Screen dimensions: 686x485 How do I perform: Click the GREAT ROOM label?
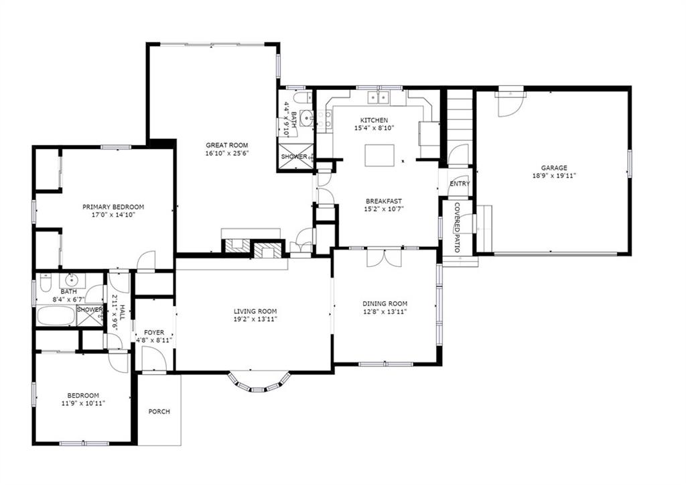click(226, 145)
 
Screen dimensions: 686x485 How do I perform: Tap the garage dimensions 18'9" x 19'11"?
click(554, 176)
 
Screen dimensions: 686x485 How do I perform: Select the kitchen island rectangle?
click(379, 156)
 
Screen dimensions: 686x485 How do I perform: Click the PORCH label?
click(159, 411)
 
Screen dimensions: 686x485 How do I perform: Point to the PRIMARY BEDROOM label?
click(113, 207)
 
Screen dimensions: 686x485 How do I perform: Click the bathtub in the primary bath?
click(56, 315)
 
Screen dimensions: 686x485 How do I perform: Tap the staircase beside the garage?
click(460, 117)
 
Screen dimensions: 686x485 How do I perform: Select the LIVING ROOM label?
click(255, 311)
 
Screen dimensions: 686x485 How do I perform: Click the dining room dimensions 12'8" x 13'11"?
click(385, 311)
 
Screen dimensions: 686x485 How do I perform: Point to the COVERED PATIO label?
click(457, 227)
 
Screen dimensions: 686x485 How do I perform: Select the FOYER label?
click(153, 333)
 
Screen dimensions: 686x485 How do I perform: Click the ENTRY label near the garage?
click(460, 184)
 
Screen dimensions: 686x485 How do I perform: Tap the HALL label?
click(123, 313)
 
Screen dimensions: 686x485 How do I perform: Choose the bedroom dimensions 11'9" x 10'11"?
click(82, 403)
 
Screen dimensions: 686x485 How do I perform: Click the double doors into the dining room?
click(384, 258)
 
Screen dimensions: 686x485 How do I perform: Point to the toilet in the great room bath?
click(299, 97)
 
